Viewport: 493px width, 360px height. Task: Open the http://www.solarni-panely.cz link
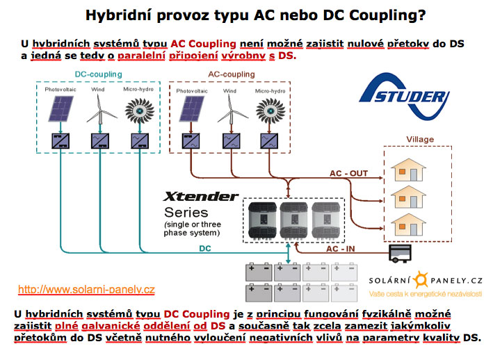[86, 289]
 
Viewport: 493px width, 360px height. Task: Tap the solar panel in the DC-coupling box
[63, 108]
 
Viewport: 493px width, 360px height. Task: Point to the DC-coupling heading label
[98, 74]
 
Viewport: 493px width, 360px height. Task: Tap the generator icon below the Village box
[401, 254]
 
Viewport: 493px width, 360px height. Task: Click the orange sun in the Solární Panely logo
[421, 281]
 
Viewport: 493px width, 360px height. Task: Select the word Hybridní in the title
[119, 15]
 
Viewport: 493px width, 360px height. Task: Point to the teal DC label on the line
[206, 249]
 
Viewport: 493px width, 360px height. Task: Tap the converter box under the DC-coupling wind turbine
[100, 141]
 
